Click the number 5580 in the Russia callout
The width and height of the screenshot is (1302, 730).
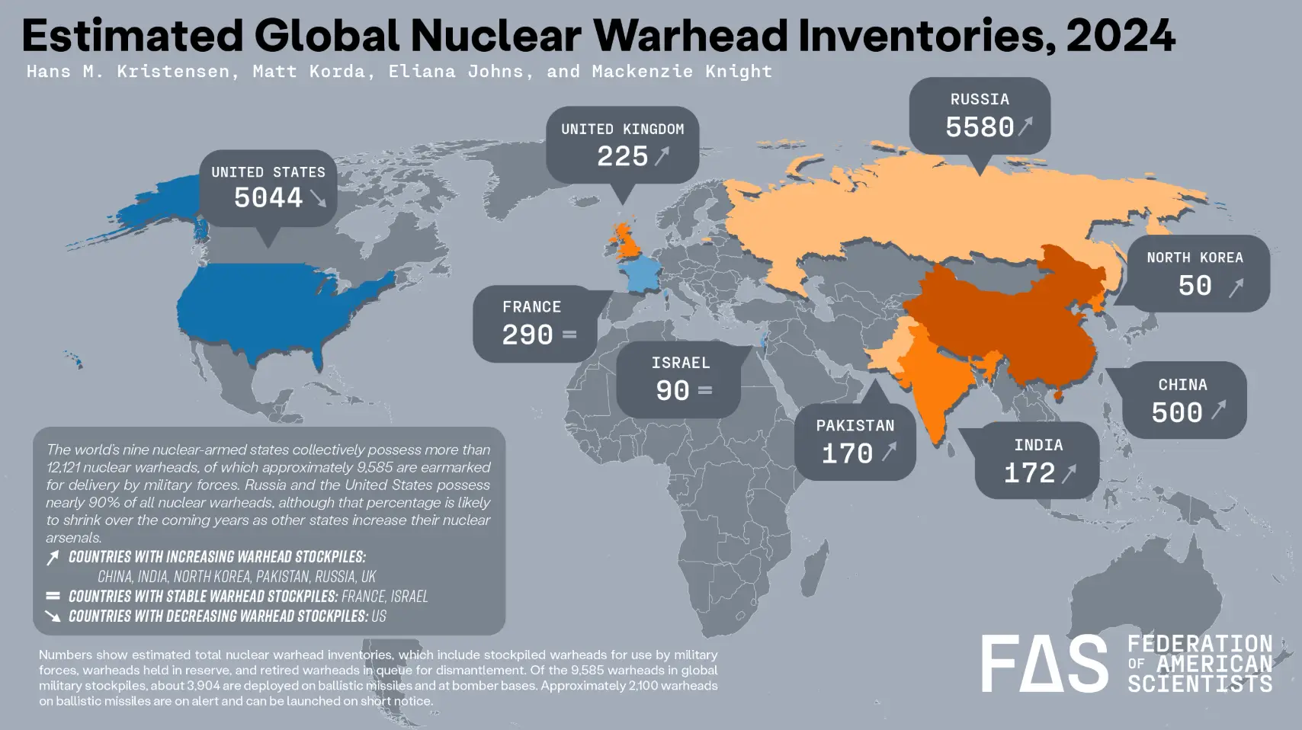tap(980, 127)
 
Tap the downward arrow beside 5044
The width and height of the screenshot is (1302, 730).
tap(319, 198)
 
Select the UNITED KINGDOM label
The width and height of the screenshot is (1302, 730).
tap(623, 130)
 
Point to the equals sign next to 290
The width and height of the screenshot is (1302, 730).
tap(569, 335)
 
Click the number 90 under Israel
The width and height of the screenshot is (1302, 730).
tap(672, 391)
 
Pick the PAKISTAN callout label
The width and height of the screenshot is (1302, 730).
tap(855, 426)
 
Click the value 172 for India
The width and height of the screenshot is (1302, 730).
tap(1029, 473)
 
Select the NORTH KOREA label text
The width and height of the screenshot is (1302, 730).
tap(1195, 258)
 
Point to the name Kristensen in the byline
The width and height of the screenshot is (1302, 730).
tap(173, 72)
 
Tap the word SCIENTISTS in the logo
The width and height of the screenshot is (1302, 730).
tap(1200, 684)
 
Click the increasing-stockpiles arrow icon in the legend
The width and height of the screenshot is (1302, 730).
tap(53, 558)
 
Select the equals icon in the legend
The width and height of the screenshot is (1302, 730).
tap(53, 596)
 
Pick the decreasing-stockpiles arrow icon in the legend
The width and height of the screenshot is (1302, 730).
tap(53, 616)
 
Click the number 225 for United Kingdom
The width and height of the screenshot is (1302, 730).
tap(622, 157)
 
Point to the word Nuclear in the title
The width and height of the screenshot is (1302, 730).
tap(496, 36)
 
